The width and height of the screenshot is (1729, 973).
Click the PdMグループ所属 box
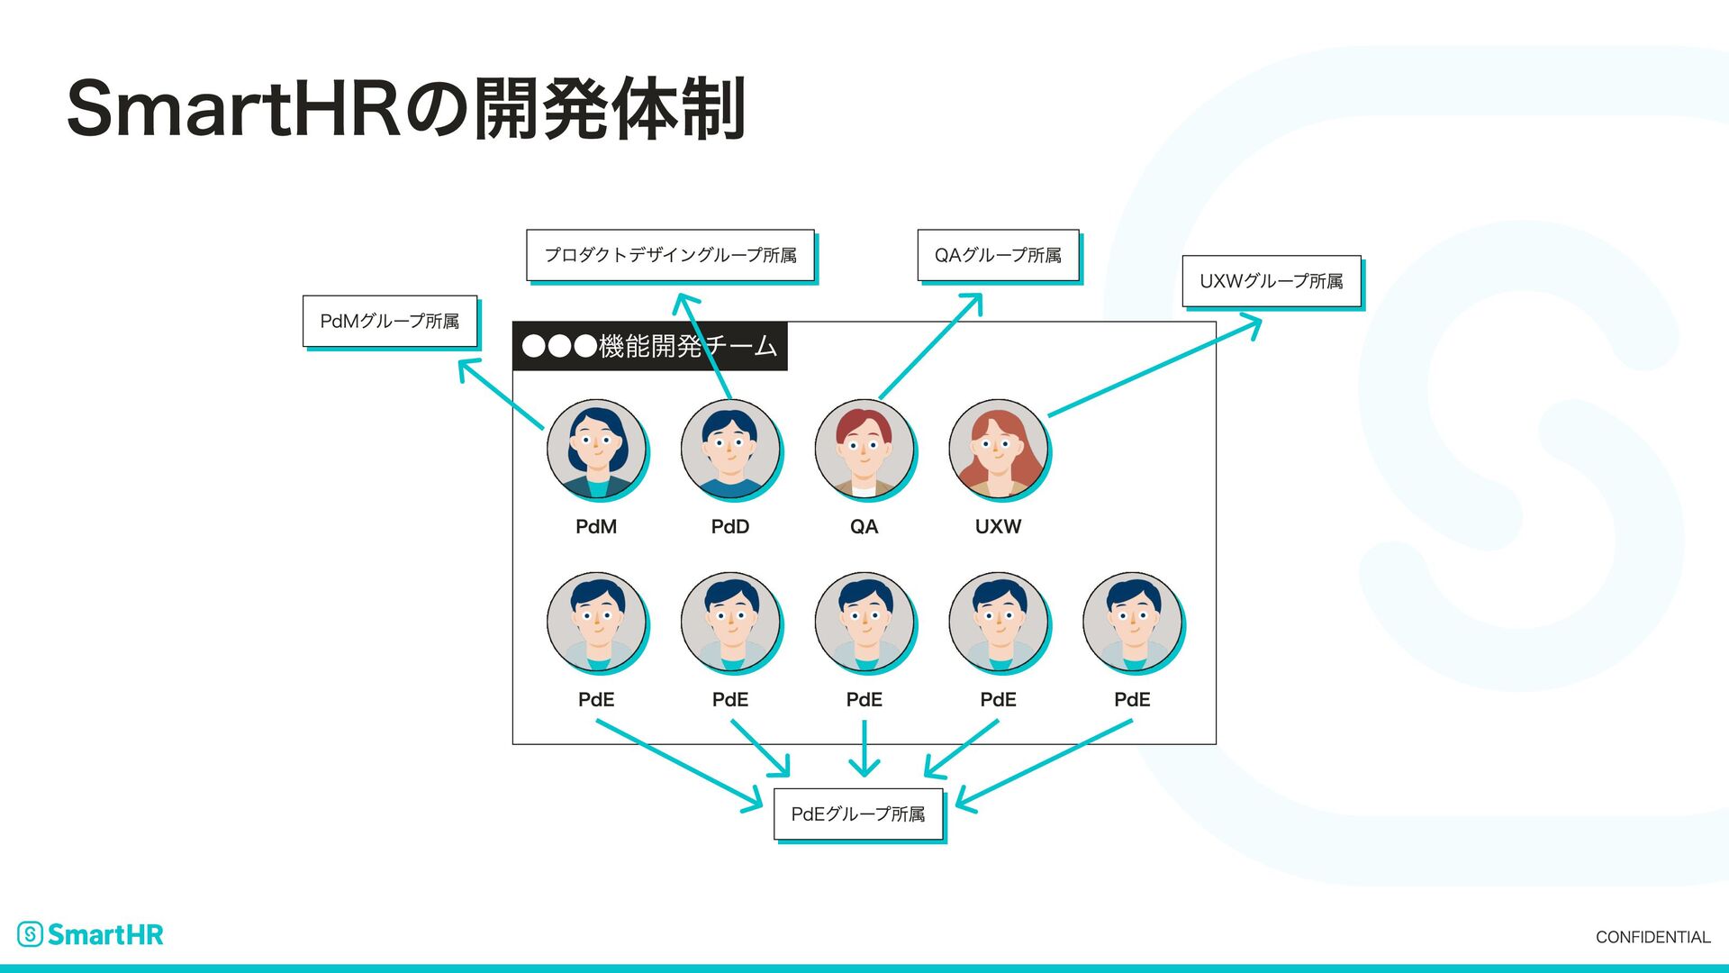[x=389, y=321]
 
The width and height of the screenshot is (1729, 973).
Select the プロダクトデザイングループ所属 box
[x=670, y=255]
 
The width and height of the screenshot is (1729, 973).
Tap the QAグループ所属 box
[x=998, y=255]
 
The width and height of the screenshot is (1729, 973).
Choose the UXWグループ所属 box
[x=1271, y=281]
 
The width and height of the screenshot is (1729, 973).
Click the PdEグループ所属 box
[x=858, y=814]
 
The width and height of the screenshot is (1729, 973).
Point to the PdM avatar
[x=596, y=449]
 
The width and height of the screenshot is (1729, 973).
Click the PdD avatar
[x=730, y=449]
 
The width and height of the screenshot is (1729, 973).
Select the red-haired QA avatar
[x=864, y=449]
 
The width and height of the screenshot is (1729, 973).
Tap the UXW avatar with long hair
[x=998, y=449]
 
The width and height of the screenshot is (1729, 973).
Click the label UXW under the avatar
[x=998, y=527]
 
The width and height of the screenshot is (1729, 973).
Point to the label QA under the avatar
[x=864, y=527]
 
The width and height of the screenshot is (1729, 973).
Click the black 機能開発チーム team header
[x=649, y=346]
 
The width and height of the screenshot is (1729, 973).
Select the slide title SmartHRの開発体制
[x=406, y=110]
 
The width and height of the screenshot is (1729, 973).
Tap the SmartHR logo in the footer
[x=91, y=934]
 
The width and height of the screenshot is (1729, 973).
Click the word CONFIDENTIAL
[x=1652, y=937]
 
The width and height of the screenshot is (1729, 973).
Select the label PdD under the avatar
[x=730, y=527]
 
